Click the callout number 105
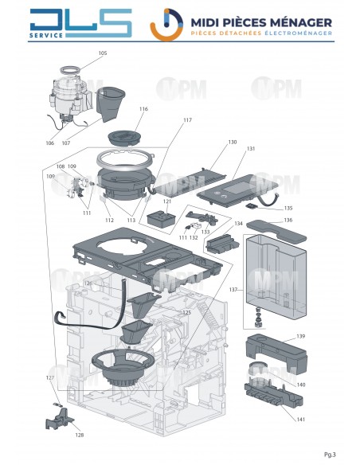pos(102,53)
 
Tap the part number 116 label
pos(144,109)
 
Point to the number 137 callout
pos(233,289)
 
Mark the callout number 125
pos(186,313)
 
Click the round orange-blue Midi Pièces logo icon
pos(163,22)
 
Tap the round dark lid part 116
pos(123,135)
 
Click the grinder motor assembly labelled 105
pos(71,92)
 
